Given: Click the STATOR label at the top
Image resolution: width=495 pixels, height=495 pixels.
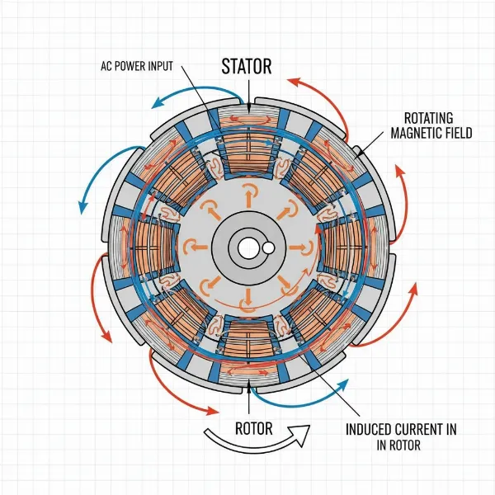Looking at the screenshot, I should coord(247,65).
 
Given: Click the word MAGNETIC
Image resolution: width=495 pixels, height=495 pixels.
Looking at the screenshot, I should coord(417,132).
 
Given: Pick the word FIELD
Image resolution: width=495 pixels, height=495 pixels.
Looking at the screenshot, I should coord(459,132).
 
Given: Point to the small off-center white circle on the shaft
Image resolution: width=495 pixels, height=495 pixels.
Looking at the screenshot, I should coord(267,247).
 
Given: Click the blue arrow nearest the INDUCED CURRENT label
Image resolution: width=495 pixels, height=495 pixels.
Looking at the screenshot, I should coord(289,398).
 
